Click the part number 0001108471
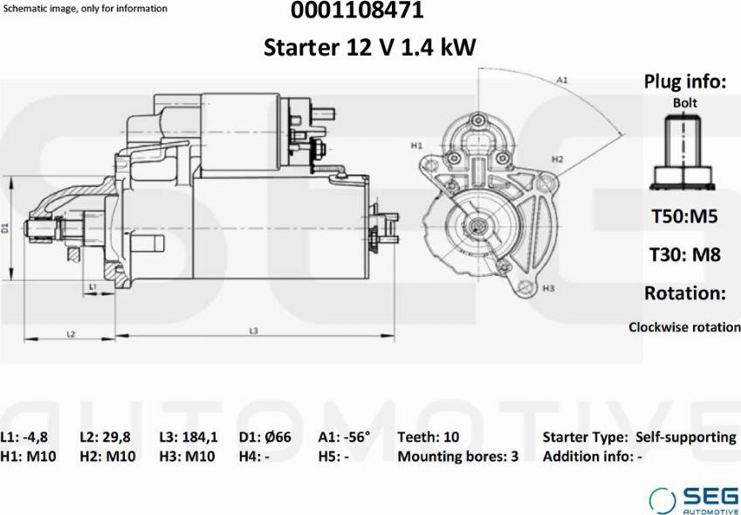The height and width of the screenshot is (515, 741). pyautogui.click(x=370, y=11)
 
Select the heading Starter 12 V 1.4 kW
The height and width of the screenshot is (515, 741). pyautogui.click(x=370, y=47)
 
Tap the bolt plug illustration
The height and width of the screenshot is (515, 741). pyautogui.click(x=684, y=154)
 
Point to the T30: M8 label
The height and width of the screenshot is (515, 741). pyautogui.click(x=684, y=255)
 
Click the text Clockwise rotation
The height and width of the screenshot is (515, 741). pyautogui.click(x=684, y=327)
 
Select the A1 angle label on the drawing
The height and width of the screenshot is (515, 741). pyautogui.click(x=563, y=79)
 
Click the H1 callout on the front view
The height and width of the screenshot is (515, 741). pyautogui.click(x=416, y=145)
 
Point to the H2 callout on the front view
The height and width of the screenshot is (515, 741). pyautogui.click(x=557, y=160)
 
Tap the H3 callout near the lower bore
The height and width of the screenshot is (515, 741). pyautogui.click(x=549, y=288)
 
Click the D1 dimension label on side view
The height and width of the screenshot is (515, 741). pyautogui.click(x=5, y=228)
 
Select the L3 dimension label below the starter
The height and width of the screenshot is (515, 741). pyautogui.click(x=253, y=331)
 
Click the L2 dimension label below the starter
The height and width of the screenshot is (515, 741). pyautogui.click(x=72, y=333)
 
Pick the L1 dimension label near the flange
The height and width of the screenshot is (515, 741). pyautogui.click(x=93, y=287)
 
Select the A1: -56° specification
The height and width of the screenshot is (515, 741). pyautogui.click(x=344, y=437)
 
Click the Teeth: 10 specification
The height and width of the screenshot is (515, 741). pyautogui.click(x=428, y=437)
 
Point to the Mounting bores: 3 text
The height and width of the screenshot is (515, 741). pyautogui.click(x=457, y=456)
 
